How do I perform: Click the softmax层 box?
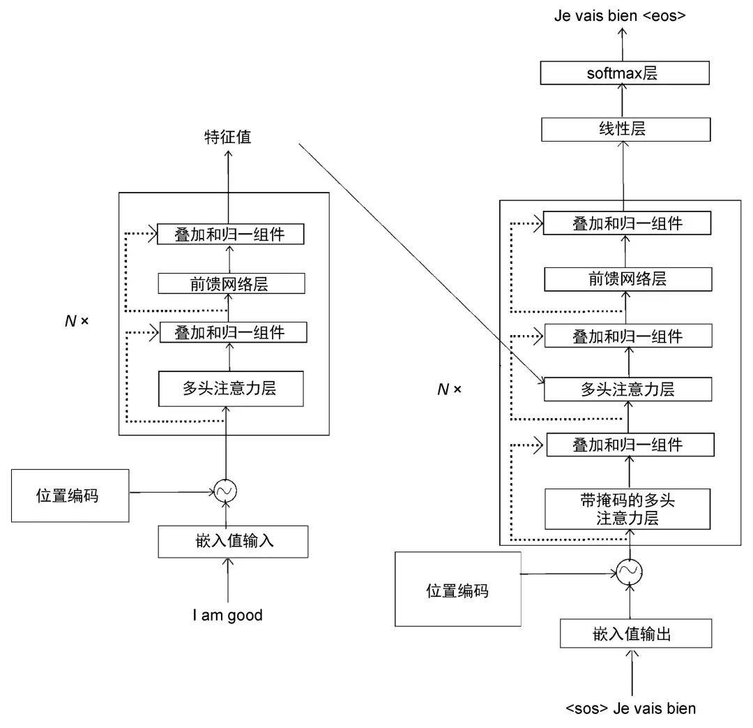(x=625, y=73)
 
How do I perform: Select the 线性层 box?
(x=625, y=129)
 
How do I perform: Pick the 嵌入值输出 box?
(x=636, y=633)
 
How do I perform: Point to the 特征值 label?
(x=227, y=138)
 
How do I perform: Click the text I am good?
(x=228, y=615)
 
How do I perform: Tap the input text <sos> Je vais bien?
(x=631, y=708)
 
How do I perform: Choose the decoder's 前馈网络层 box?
(x=628, y=278)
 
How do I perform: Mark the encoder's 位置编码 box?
(x=70, y=496)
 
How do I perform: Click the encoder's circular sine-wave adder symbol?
(x=225, y=492)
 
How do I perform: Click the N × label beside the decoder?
(x=449, y=389)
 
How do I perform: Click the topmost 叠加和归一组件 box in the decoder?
(x=627, y=223)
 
